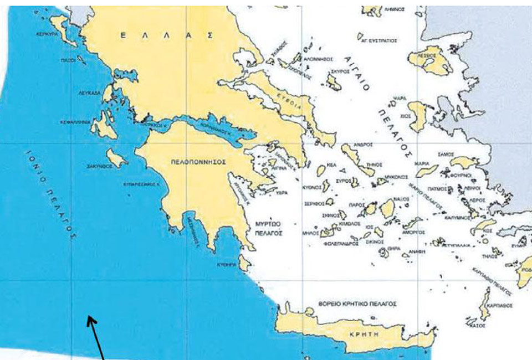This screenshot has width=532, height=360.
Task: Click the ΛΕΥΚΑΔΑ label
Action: (89, 94)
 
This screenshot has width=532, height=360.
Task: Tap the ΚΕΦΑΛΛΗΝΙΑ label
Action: (75, 122)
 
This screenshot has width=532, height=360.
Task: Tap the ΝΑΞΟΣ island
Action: (387, 209)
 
